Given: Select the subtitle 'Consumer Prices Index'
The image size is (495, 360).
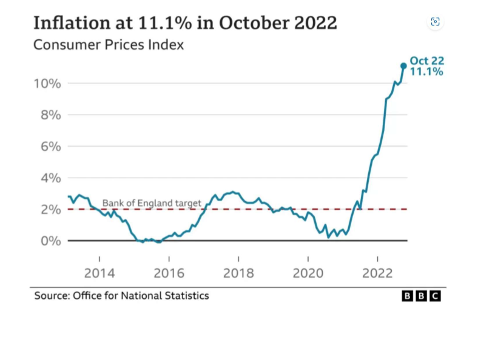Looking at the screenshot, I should tap(108, 45).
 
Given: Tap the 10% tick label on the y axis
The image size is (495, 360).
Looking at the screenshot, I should tap(47, 83).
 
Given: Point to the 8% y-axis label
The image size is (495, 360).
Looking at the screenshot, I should tap(50, 115).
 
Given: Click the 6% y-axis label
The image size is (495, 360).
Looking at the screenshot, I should tap(50, 146).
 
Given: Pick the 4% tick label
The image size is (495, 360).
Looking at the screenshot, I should tap(50, 178).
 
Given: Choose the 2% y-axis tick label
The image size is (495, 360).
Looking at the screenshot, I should tap(50, 209).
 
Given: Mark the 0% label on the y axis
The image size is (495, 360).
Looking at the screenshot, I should tap(50, 241).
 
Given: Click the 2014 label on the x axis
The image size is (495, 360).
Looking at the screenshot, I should tap(99, 273).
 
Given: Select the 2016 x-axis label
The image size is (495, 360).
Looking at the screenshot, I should tap(169, 273).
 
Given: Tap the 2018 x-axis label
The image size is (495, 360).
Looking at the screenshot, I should tap(238, 273).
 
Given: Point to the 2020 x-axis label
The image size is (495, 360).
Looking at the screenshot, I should tap(308, 273).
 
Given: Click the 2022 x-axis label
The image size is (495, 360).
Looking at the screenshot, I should tap(377, 273).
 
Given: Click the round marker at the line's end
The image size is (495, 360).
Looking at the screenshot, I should tap(403, 65).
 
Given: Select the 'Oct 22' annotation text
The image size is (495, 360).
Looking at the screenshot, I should tap(426, 61).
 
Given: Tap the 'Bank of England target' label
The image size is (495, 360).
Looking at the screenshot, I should tap(151, 202).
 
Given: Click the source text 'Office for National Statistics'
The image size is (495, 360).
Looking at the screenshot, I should tap(141, 295).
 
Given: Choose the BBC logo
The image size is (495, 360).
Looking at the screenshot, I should tap(422, 296).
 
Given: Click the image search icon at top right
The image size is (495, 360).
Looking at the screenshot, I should tap(435, 22).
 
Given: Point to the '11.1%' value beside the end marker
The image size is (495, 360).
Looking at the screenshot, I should tap(426, 72).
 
